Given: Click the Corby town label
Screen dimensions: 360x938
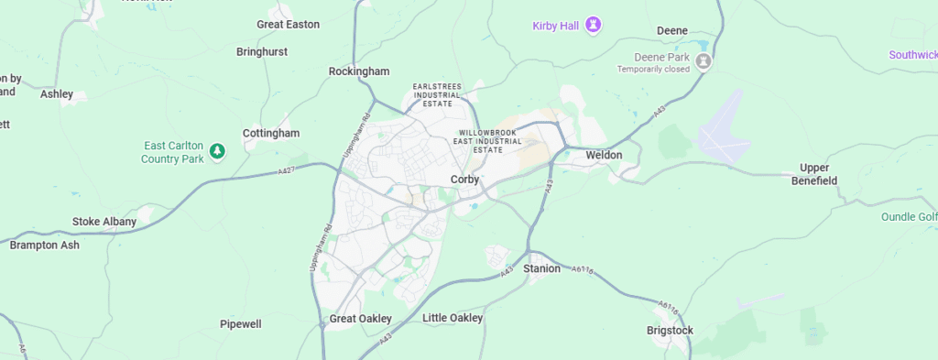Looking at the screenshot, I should click(x=464, y=180).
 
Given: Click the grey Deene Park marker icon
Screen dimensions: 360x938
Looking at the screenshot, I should click(x=703, y=61).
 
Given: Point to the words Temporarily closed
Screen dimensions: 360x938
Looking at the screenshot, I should click(x=654, y=70).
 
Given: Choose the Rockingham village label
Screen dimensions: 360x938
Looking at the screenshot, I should click(x=359, y=71).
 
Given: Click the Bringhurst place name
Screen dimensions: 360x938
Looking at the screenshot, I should click(x=262, y=52).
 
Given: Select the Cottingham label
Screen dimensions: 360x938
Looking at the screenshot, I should click(x=271, y=134).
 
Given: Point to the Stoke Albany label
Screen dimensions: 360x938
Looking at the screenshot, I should click(x=104, y=222).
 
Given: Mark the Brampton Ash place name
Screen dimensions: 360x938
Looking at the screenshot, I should click(x=45, y=245).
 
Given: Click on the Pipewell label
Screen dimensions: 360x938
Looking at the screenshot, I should click(x=241, y=324).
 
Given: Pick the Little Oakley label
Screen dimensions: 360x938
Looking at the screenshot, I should click(x=453, y=318).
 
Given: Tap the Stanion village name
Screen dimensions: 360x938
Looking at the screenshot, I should click(x=541, y=269).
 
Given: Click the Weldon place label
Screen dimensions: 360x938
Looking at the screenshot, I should click(x=605, y=156).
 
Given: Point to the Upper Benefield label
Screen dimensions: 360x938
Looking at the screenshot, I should click(x=814, y=174).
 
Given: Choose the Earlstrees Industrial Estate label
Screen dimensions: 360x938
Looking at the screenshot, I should click(x=437, y=94).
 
